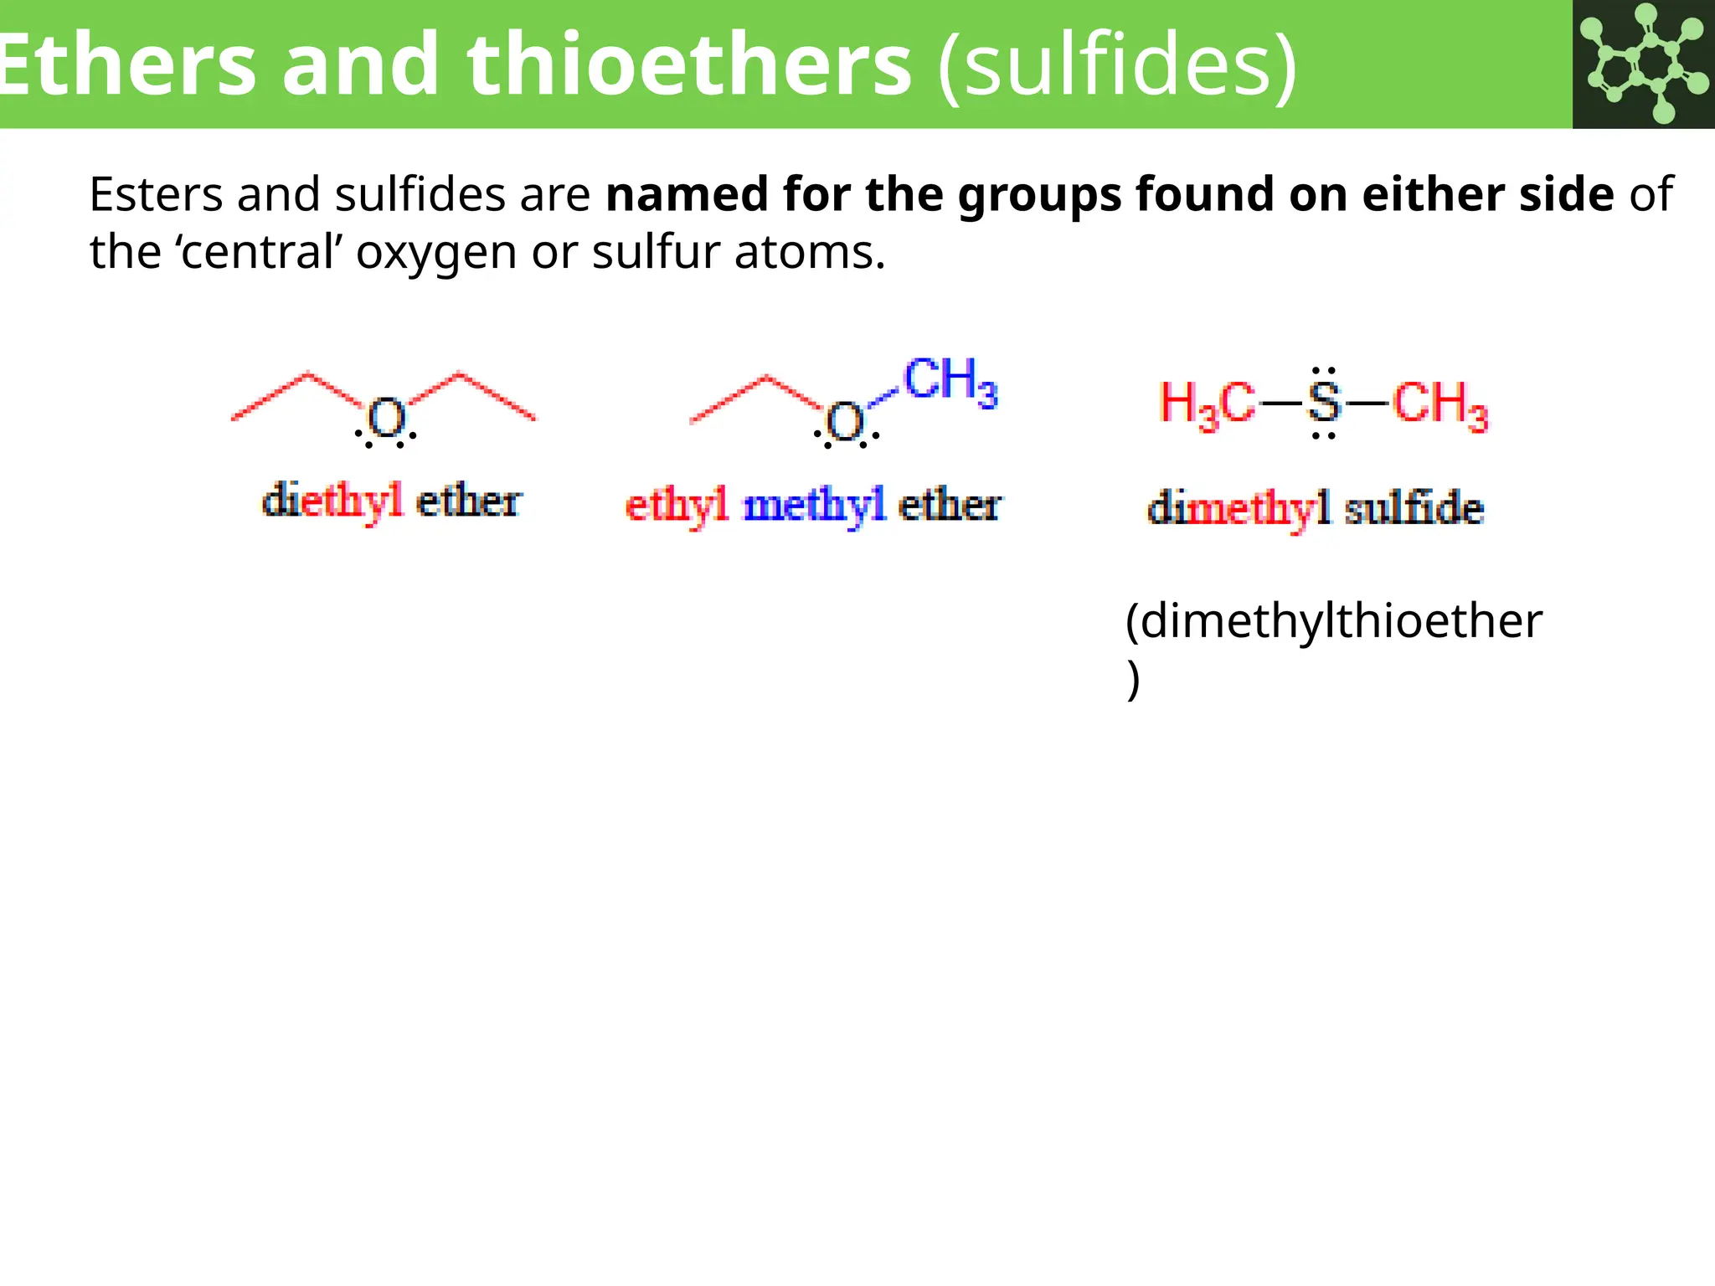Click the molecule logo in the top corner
[x=1643, y=64]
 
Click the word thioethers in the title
[x=688, y=65]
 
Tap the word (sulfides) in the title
[x=1118, y=65]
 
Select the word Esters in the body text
[x=156, y=194]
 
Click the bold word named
[x=687, y=194]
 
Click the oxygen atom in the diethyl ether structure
[x=386, y=419]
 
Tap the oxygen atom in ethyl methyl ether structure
[x=845, y=422]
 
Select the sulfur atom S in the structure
[x=1323, y=403]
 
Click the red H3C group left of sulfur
[x=1207, y=404]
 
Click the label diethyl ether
[x=391, y=502]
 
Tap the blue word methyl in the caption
[x=814, y=506]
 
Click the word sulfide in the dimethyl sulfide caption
[x=1414, y=508]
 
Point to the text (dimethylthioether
[x=1333, y=621]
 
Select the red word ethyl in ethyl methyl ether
[x=677, y=506]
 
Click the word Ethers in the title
[x=126, y=65]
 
